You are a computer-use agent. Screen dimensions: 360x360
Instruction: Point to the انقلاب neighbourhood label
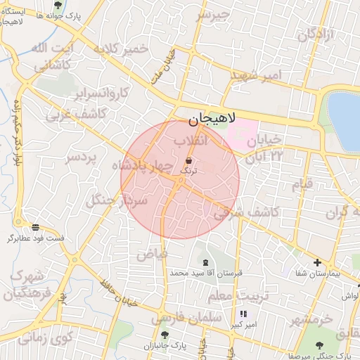[191, 141]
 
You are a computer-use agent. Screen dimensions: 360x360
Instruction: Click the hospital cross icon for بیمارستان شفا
[316, 262]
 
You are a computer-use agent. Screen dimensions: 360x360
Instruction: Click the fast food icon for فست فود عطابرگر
[35, 226]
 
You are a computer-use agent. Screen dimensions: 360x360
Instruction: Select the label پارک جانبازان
[165, 346]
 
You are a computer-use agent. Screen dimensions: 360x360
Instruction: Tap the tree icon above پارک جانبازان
[165, 335]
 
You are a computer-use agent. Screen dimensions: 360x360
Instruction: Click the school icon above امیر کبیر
[243, 314]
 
